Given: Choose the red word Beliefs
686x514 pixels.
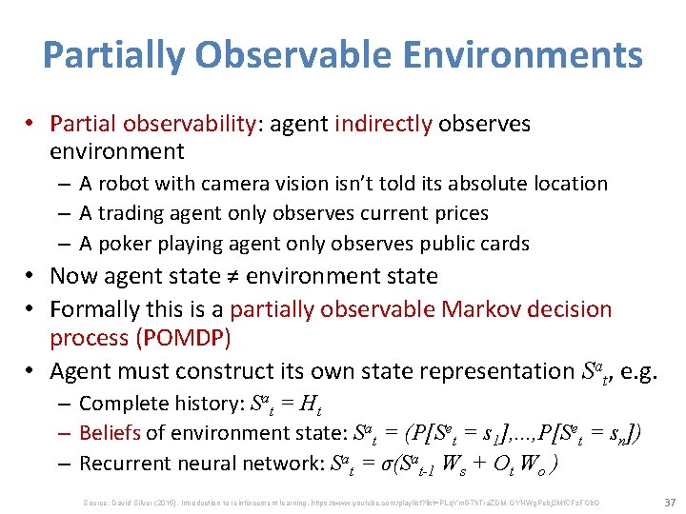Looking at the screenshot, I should click(110, 433).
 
